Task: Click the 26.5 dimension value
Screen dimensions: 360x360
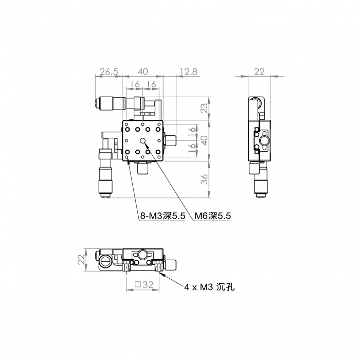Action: [109, 71]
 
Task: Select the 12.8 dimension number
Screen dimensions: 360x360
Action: [188, 71]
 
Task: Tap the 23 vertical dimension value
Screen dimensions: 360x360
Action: [204, 108]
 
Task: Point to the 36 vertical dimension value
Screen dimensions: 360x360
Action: [204, 179]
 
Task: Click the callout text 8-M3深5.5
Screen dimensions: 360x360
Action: [163, 216]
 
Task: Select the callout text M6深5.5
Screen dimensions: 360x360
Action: [212, 216]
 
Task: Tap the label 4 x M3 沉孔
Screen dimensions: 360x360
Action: [210, 287]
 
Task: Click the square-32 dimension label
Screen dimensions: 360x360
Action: [144, 285]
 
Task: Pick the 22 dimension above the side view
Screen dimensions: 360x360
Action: [259, 71]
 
